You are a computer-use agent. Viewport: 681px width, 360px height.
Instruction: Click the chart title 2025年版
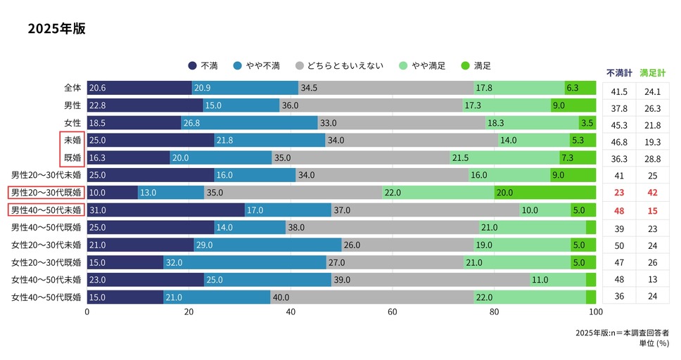tap(57, 30)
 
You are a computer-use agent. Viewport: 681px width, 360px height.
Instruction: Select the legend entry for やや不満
tap(260, 66)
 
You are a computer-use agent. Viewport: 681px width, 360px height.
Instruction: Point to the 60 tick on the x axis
tap(392, 311)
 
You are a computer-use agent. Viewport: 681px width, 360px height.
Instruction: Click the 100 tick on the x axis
tap(595, 311)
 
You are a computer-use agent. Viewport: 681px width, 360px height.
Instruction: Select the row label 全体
tap(72, 88)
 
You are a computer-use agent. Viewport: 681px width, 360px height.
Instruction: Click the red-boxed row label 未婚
tap(72, 140)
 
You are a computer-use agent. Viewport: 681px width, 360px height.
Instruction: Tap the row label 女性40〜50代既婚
tap(47, 297)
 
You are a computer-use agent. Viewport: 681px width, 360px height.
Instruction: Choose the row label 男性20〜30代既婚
tap(47, 192)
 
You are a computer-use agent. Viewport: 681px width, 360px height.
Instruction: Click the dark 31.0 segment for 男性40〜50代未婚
tap(165, 210)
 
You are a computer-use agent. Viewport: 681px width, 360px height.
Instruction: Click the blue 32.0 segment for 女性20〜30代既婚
tap(244, 262)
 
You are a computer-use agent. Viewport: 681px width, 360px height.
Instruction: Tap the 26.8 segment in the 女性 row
tap(249, 122)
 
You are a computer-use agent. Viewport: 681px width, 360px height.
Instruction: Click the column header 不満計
tap(619, 72)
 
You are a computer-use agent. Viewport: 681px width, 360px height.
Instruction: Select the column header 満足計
tap(652, 72)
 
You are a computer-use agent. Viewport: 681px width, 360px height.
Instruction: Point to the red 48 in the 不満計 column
tap(619, 210)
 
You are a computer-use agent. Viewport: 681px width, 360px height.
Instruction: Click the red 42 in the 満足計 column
tap(652, 192)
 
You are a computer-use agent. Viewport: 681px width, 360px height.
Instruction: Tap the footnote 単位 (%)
tap(654, 343)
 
